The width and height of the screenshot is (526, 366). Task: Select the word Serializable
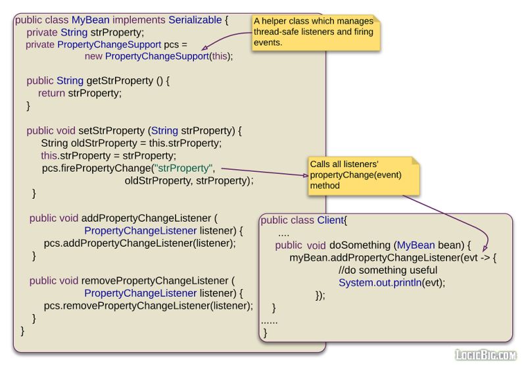[x=198, y=20]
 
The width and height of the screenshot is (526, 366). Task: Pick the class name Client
[x=331, y=220]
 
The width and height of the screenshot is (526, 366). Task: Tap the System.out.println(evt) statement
[x=392, y=282]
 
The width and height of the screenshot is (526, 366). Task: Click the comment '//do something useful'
[x=387, y=270]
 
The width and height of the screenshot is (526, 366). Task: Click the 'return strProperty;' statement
[x=80, y=93]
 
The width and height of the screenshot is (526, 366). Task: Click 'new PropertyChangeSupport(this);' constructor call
[x=158, y=56]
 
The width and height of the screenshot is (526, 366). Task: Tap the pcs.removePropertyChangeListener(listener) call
[x=148, y=305]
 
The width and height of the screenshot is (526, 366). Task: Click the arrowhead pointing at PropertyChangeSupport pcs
[x=204, y=47]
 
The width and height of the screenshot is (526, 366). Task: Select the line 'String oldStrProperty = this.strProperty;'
[x=131, y=143]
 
